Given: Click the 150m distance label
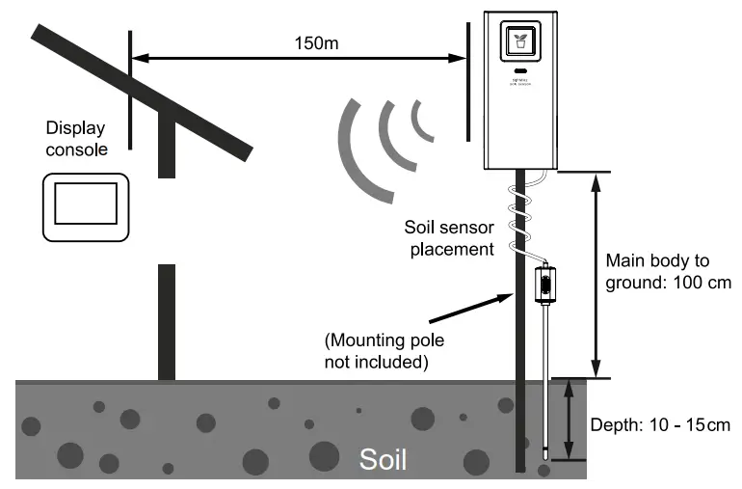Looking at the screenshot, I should tap(317, 43).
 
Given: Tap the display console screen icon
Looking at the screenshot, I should tap(86, 206).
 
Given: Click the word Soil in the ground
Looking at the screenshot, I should tap(383, 459).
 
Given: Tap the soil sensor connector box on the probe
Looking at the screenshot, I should tap(544, 284).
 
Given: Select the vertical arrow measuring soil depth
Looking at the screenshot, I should tap(569, 420).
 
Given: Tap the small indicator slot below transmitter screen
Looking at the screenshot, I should tap(519, 72).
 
